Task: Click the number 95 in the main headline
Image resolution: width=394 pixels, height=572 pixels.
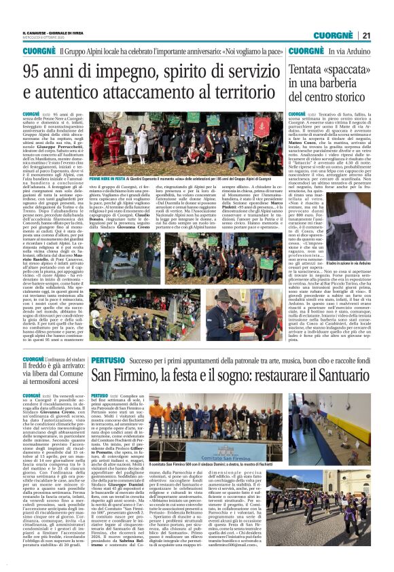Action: pyautogui.click(x=33, y=71)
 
